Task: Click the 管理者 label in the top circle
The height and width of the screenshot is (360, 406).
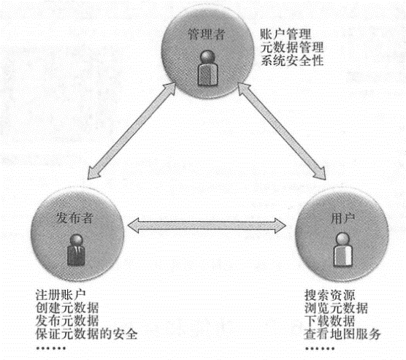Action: pos(207,34)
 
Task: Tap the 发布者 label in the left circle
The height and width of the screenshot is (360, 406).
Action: pos(74,218)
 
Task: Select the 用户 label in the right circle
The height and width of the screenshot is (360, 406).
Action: pos(342,219)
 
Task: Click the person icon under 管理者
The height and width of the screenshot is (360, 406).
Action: pos(207,68)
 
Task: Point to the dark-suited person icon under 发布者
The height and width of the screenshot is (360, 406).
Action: pos(76,250)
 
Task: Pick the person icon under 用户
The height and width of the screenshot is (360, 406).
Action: pos(342,250)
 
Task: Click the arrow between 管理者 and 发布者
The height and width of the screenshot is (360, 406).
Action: pos(131,131)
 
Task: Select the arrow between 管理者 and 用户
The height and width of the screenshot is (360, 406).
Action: pos(282,131)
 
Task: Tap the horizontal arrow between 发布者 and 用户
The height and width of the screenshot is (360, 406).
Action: pos(207,226)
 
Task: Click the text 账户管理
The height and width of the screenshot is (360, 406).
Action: pos(286,34)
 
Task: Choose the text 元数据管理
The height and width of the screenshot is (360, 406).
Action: pos(292,47)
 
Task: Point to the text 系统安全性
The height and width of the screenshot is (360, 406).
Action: pos(292,61)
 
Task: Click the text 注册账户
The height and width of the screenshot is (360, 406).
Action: pos(61,294)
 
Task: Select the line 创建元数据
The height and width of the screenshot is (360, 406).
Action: pos(67,307)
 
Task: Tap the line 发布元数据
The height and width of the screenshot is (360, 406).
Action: pos(67,321)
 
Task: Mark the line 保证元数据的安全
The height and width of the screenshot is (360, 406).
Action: pos(86,334)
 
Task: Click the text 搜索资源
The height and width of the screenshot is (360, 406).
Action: pos(329,295)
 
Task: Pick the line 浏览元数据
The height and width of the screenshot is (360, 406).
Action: pos(336,308)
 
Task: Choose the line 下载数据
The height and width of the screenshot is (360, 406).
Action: pos(329,321)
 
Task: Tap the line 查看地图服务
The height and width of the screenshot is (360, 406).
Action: pos(342,334)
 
